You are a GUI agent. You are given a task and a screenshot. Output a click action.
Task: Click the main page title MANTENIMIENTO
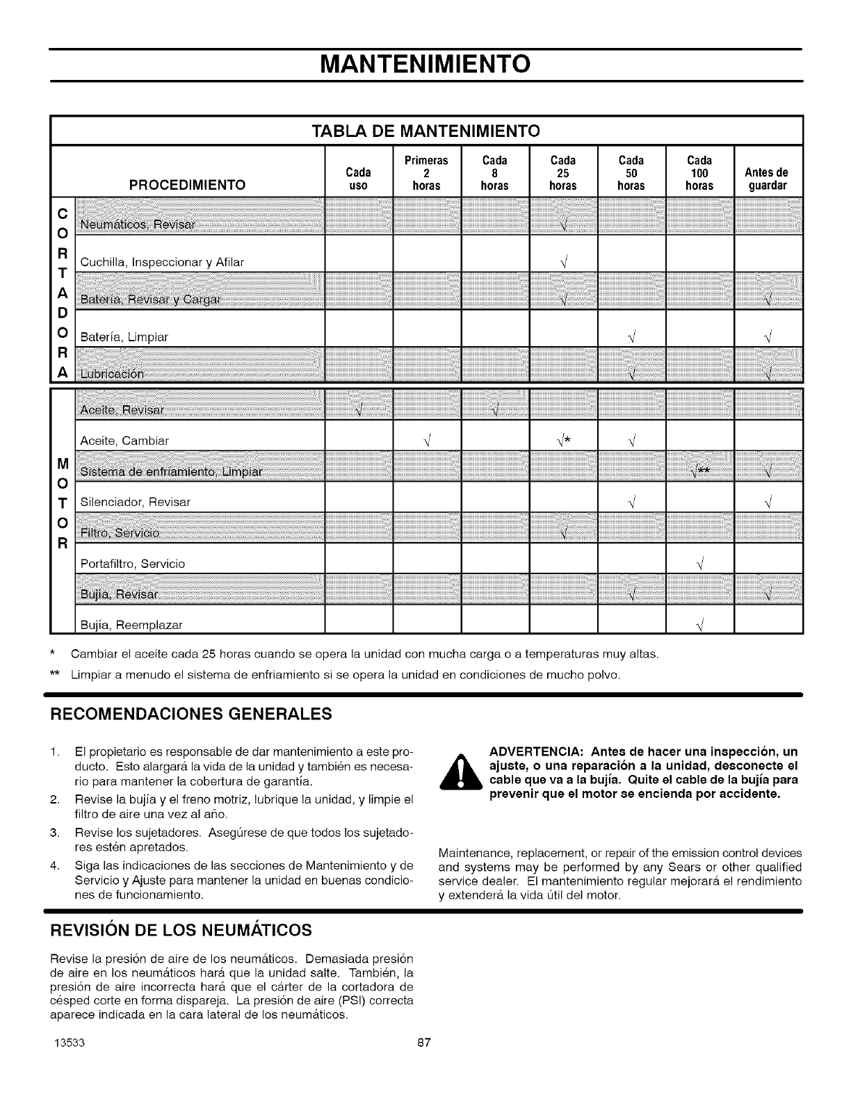425,64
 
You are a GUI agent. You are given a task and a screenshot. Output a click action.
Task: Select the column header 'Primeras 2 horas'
426,172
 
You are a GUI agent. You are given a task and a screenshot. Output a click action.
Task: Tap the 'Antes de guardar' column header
768,179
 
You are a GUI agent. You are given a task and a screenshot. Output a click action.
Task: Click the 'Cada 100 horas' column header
699,172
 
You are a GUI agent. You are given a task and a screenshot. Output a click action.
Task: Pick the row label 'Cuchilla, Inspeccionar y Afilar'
162,262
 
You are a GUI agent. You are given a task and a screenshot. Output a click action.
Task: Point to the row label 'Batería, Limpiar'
124,337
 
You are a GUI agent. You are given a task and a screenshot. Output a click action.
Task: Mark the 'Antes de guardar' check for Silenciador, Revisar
768,502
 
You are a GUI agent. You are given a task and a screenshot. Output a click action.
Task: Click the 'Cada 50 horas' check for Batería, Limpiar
631,337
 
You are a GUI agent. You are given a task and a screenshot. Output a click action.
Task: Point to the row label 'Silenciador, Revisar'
136,502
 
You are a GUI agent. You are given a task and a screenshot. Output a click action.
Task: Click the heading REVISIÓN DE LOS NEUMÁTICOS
179,929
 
